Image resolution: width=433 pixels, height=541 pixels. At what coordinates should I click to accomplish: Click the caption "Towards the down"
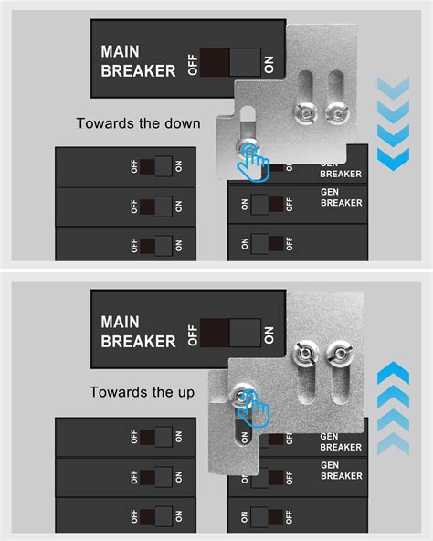point(138,124)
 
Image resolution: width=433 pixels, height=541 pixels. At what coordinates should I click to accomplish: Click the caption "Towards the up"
point(142,392)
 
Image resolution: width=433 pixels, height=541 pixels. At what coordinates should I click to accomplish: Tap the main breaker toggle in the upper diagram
point(230,62)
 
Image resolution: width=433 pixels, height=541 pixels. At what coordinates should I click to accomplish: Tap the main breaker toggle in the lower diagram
point(229,333)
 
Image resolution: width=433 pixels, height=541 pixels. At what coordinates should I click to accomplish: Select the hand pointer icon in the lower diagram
point(254,407)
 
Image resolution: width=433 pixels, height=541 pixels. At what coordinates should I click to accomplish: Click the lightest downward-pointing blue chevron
point(394,88)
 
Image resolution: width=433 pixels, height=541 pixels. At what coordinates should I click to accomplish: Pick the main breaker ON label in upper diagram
point(269,63)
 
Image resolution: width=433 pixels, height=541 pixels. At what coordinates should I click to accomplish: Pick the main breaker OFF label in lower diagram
point(192,333)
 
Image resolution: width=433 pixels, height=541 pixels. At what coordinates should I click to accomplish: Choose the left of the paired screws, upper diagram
point(304,114)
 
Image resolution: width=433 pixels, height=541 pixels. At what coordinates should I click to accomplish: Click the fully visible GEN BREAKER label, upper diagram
point(341,197)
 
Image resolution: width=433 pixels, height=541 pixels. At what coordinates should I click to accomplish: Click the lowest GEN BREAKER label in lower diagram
point(341,470)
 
